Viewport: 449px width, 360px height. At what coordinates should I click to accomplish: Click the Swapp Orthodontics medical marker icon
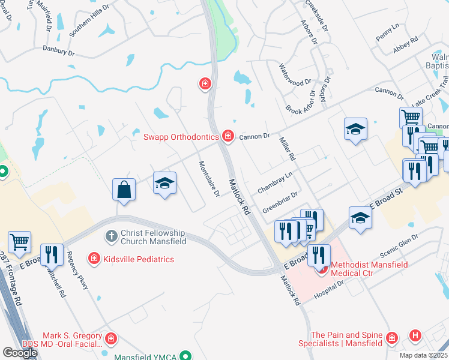pyautogui.click(x=228, y=137)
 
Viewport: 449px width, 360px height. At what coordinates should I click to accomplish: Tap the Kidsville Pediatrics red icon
pyautogui.click(x=94, y=259)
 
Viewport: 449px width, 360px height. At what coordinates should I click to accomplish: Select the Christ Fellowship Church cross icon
pyautogui.click(x=111, y=236)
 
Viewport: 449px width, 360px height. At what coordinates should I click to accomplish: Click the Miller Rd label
pyautogui.click(x=288, y=148)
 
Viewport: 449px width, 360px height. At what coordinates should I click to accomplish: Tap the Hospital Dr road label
pyautogui.click(x=339, y=283)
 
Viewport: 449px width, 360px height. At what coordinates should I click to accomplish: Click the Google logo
pyautogui.click(x=20, y=353)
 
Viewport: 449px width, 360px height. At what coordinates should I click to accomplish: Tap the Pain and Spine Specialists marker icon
pyautogui.click(x=391, y=339)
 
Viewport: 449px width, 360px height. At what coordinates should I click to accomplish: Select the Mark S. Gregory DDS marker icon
pyautogui.click(x=110, y=340)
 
